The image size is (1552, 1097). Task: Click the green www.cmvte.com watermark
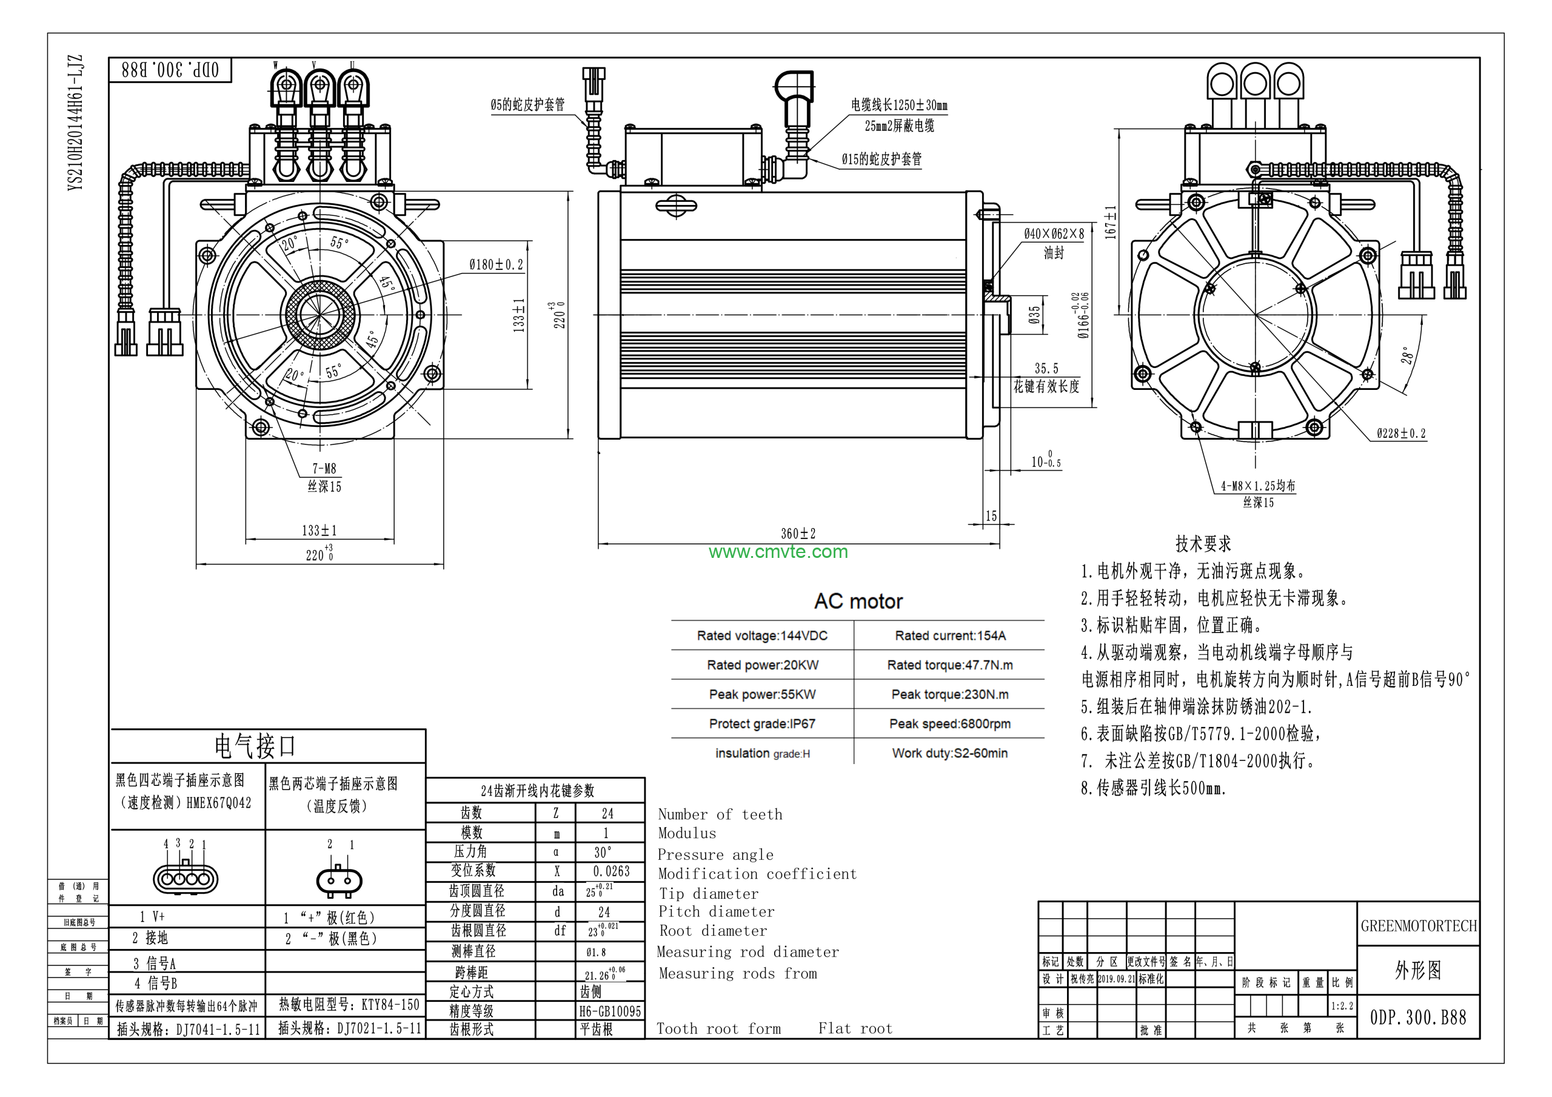click(x=778, y=552)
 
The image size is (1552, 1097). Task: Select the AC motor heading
click(x=858, y=601)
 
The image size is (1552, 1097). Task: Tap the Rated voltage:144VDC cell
click(x=762, y=636)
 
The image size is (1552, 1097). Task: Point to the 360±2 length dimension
click(x=798, y=534)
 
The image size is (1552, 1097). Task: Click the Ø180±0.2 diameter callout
click(x=496, y=264)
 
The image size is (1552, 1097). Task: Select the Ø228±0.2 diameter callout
click(x=1400, y=434)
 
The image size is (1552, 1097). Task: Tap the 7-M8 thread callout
click(x=324, y=469)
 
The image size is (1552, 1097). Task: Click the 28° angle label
click(x=1406, y=356)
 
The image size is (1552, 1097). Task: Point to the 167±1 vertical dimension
click(x=1110, y=222)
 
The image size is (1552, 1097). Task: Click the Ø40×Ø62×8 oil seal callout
click(x=1053, y=234)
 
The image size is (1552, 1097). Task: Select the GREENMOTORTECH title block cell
click(x=1418, y=926)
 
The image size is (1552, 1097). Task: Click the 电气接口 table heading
click(x=255, y=746)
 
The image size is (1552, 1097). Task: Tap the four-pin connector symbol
click(x=186, y=879)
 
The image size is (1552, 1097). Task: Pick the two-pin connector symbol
click(x=339, y=880)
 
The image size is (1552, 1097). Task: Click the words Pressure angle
click(x=715, y=855)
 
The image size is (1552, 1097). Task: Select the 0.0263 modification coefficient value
click(x=611, y=871)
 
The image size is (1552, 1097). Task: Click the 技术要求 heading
click(x=1203, y=543)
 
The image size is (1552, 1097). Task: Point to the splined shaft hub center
click(x=319, y=315)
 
